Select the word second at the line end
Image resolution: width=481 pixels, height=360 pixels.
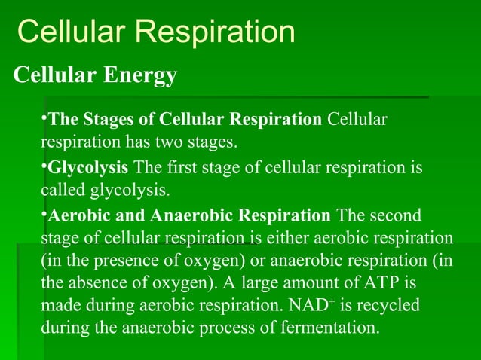click(395, 216)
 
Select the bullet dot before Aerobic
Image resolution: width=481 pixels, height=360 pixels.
click(44, 214)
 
